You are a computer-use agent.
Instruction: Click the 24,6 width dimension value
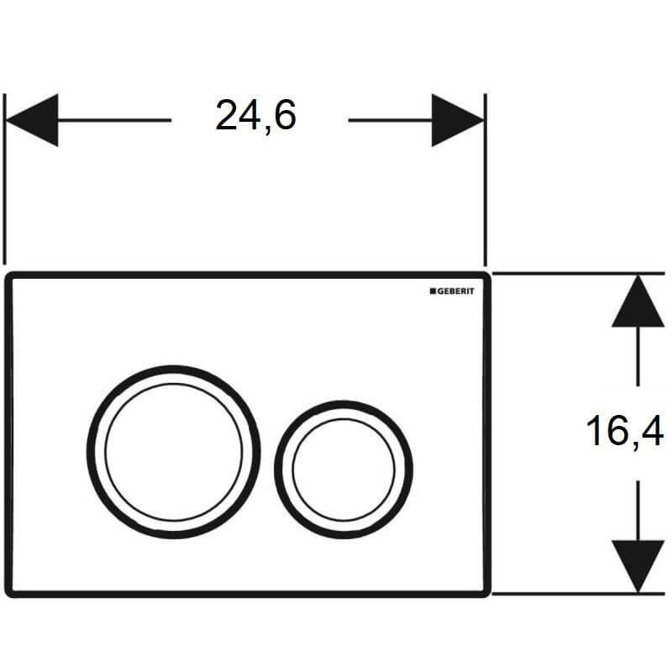[x=255, y=116]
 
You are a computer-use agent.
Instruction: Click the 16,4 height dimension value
[x=625, y=431]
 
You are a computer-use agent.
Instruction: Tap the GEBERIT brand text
[x=455, y=291]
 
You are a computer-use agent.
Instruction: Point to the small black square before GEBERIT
[x=433, y=291]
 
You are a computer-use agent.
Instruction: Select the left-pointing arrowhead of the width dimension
[x=32, y=120]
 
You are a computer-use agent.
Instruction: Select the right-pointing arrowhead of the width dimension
[x=458, y=120]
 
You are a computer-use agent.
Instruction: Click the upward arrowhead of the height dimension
[x=638, y=301]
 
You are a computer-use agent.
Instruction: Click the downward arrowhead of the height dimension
[x=638, y=566]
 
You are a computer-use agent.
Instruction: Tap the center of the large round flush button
[x=174, y=452]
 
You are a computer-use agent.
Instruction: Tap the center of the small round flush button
[x=344, y=470]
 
